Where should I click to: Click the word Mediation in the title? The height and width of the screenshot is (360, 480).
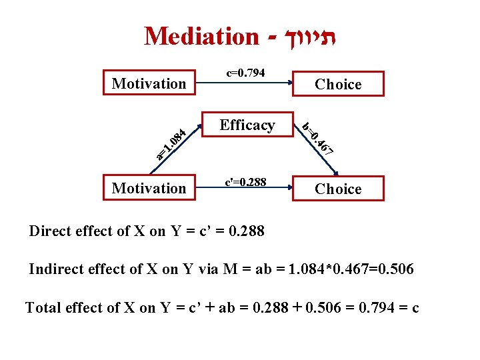tap(201, 36)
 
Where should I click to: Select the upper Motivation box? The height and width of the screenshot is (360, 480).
tap(149, 83)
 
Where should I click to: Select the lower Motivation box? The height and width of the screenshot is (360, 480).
tap(149, 188)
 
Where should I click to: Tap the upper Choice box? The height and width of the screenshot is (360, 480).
tap(338, 84)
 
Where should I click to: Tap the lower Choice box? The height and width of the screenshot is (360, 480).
tap(338, 189)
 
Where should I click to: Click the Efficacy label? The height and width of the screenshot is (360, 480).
tap(247, 125)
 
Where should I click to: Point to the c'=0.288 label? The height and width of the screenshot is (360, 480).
tap(245, 181)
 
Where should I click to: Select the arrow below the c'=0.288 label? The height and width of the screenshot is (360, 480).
tap(247, 191)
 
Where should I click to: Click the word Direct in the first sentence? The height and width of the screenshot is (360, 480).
tap(49, 231)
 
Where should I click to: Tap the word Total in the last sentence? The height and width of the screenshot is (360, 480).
tap(41, 307)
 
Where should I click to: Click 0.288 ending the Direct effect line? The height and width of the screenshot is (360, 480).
tap(246, 231)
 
